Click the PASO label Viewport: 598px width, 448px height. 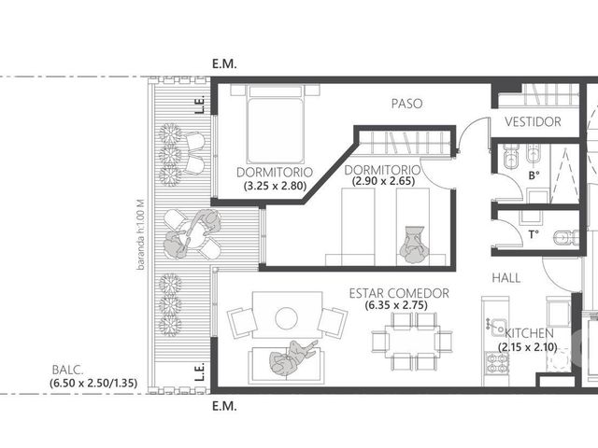407,104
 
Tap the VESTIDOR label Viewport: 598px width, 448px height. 533,122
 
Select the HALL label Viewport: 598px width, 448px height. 506,278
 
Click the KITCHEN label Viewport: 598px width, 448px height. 529,333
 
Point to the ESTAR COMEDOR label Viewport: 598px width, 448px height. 399,293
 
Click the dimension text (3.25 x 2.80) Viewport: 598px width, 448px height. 276,186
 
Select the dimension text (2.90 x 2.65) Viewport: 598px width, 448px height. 383,181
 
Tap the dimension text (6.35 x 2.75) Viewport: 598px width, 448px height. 396,305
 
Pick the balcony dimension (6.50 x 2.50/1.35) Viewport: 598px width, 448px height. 93,383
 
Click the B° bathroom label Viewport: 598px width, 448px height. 534,175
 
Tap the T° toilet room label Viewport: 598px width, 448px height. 534,234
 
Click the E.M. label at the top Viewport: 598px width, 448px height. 224,64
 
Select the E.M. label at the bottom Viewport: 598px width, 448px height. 224,406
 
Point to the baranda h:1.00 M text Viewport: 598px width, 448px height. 141,235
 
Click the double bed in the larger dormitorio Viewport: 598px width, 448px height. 276,124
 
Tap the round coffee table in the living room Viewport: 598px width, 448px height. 287,318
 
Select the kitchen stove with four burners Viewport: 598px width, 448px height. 496,362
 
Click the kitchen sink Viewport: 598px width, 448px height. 497,328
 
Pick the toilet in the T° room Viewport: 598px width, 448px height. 566,238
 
